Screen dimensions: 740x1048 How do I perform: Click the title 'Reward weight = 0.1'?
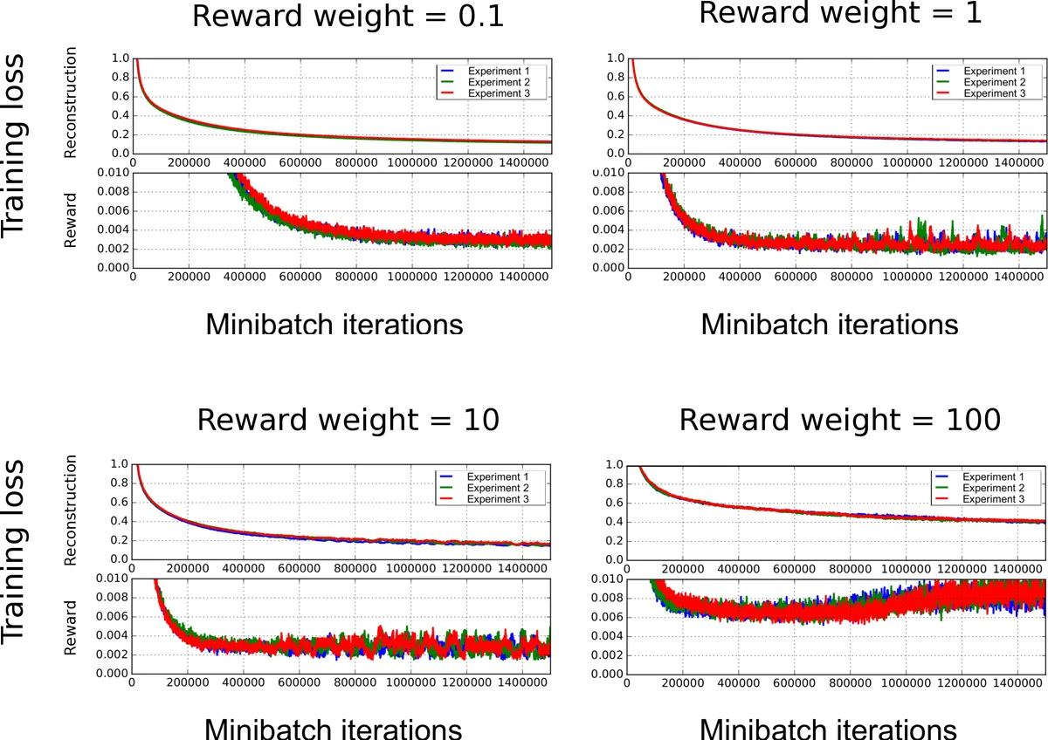pyautogui.click(x=348, y=18)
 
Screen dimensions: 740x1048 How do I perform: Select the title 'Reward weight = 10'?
pyautogui.click(x=348, y=420)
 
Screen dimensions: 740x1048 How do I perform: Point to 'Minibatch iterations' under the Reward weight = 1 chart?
pyautogui.click(x=829, y=325)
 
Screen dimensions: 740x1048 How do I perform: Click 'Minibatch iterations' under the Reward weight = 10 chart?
pyautogui.click(x=334, y=729)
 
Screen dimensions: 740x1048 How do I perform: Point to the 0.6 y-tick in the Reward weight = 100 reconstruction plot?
pyautogui.click(x=613, y=503)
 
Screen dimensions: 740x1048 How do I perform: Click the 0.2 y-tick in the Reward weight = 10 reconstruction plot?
pyautogui.click(x=118, y=541)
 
